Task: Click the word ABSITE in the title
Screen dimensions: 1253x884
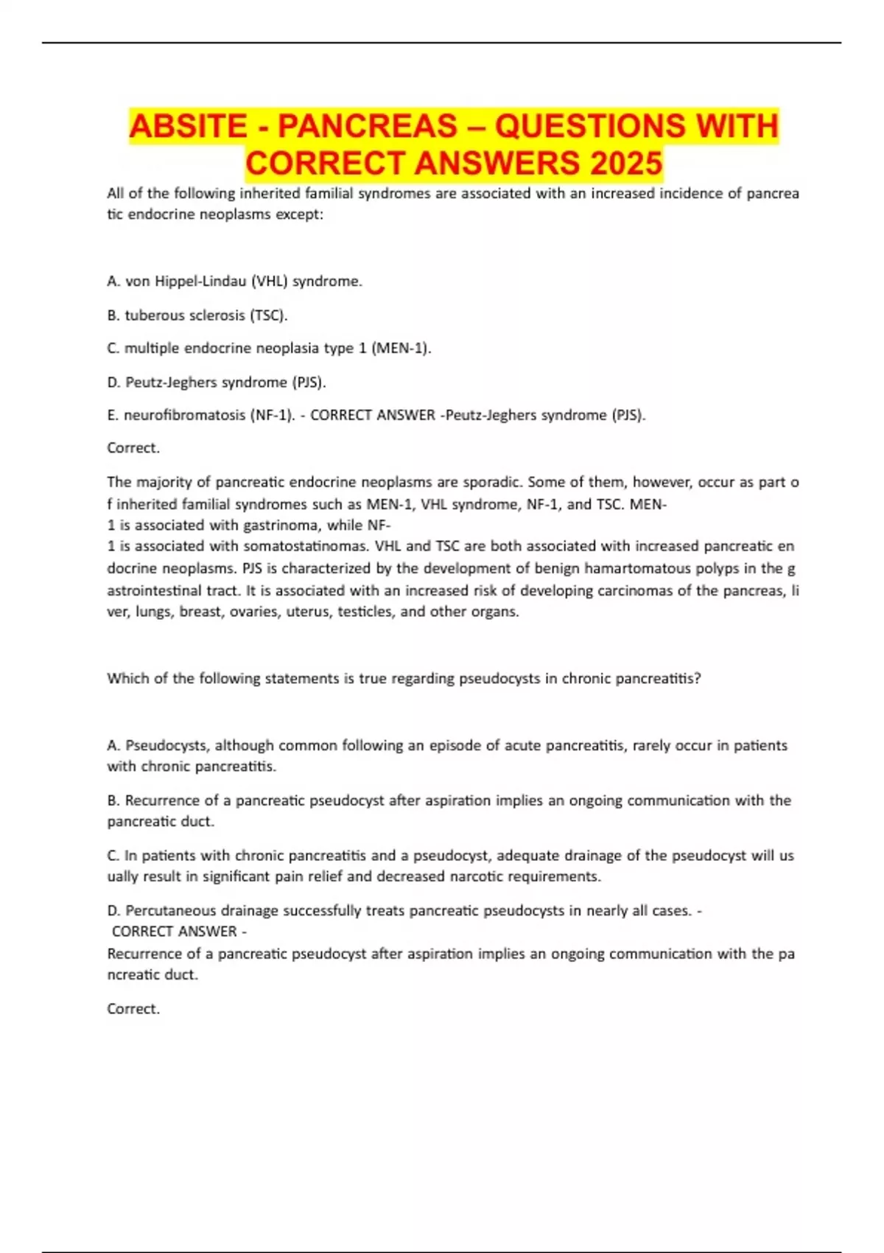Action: point(189,126)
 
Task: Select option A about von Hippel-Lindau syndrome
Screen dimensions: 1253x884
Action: point(234,281)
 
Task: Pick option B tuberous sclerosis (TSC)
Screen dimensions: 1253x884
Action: point(197,315)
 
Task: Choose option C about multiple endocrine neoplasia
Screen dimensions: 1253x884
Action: point(269,348)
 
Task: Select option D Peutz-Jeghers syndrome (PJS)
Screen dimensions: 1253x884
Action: point(217,382)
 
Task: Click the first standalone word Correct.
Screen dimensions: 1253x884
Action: point(133,447)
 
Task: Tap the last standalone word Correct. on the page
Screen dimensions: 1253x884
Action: point(133,1008)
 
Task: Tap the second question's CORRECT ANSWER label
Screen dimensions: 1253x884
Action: point(175,931)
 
